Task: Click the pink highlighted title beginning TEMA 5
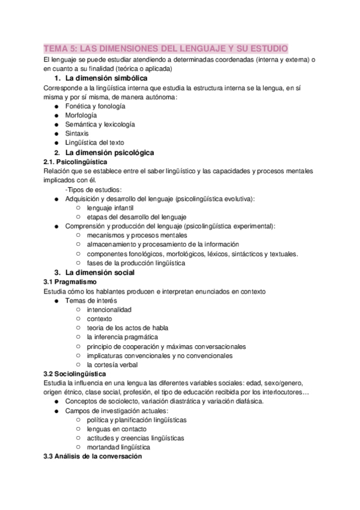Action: pyautogui.click(x=166, y=48)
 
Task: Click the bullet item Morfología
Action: pyautogui.click(x=81, y=115)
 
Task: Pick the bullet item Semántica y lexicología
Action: pyautogui.click(x=100, y=124)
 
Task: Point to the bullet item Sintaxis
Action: pyautogui.click(x=77, y=134)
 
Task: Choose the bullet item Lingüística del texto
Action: pyautogui.click(x=94, y=143)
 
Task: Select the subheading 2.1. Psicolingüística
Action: pyautogui.click(x=75, y=162)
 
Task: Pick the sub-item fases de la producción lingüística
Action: pyautogui.click(x=136, y=263)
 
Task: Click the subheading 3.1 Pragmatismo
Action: pyautogui.click(x=70, y=282)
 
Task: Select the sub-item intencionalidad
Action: pyautogui.click(x=109, y=310)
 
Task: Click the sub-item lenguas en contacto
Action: pyautogui.click(x=116, y=429)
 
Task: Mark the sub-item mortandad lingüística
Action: pyautogui.click(x=118, y=447)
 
